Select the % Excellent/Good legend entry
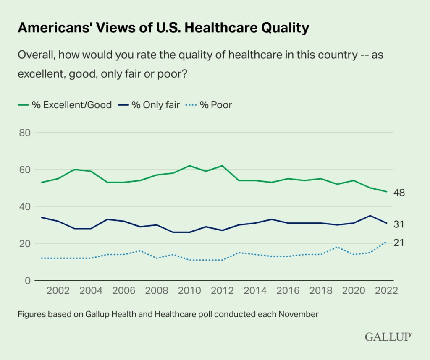65,105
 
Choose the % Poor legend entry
210,105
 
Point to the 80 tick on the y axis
25,133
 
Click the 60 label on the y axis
25,170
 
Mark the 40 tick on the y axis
25,206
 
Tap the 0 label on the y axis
28,280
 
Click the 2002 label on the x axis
58,291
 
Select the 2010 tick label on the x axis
189,291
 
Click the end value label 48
399,193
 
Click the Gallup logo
388,337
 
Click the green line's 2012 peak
222,166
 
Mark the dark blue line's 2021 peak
370,216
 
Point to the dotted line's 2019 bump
337,247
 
